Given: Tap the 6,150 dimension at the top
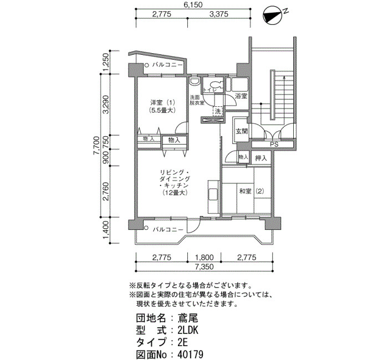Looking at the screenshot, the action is (193, 4).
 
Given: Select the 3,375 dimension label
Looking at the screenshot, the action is (219, 14).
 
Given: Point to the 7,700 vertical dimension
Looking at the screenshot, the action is (96, 145).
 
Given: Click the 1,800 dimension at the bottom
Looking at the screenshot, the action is (204, 258).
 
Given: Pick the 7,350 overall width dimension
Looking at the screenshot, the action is (204, 267).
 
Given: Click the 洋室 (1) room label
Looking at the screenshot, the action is (162, 102).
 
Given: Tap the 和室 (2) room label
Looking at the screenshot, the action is (252, 191).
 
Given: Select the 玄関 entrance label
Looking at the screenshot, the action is (241, 131).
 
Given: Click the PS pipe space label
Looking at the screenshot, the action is (274, 145).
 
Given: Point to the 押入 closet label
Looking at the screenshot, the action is (261, 158).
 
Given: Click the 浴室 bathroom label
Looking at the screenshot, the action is (241, 96).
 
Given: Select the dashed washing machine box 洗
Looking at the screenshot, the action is (218, 111).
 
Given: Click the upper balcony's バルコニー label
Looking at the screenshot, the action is (167, 65).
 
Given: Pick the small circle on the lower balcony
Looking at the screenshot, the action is (146, 228).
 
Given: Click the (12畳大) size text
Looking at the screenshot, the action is (175, 192).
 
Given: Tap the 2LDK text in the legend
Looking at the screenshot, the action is (188, 330).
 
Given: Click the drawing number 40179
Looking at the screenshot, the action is (190, 354).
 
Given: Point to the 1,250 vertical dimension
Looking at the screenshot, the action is (105, 62).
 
